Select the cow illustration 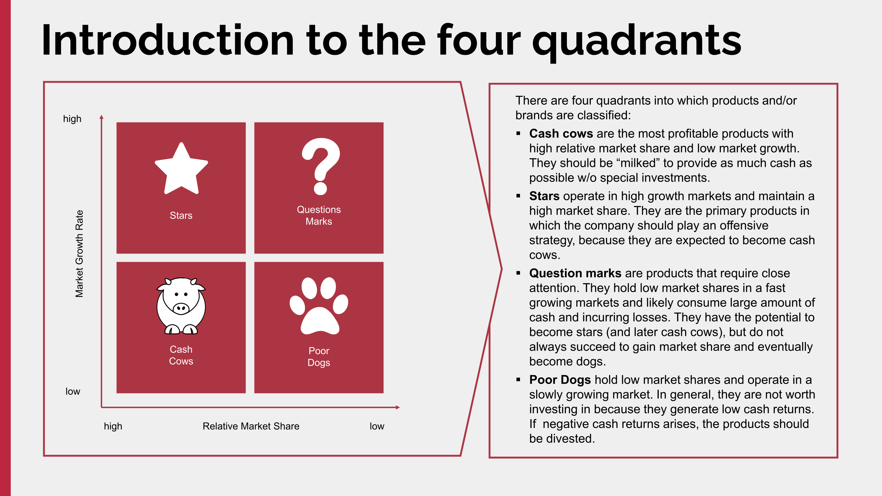click(x=181, y=306)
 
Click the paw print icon click(x=319, y=306)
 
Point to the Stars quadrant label click(x=181, y=215)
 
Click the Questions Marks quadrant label click(x=319, y=215)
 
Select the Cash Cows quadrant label click(x=181, y=355)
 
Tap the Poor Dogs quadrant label click(x=319, y=357)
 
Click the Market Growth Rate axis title click(x=79, y=254)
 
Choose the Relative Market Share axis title click(x=251, y=426)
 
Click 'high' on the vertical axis click(x=72, y=119)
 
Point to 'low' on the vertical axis click(x=73, y=391)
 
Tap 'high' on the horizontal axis click(x=113, y=426)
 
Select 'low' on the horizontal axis click(x=377, y=426)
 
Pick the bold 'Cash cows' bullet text click(x=561, y=133)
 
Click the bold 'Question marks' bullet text click(x=575, y=273)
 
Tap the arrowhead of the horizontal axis click(x=398, y=407)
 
